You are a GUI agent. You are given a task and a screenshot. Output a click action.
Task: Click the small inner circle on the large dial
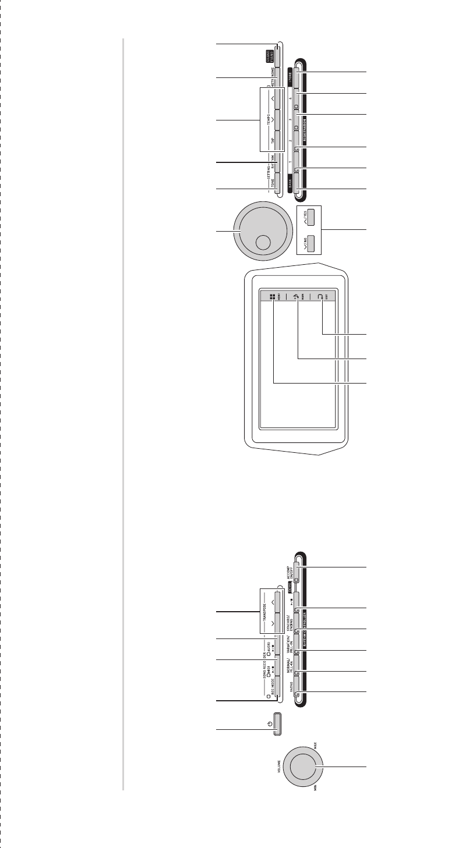pyautogui.click(x=263, y=243)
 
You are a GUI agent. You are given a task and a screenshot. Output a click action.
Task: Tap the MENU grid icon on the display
pyautogui.click(x=272, y=296)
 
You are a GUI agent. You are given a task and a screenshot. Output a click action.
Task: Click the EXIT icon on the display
pyautogui.click(x=320, y=296)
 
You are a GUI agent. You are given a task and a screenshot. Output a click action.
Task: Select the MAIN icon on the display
pyautogui.click(x=296, y=296)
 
